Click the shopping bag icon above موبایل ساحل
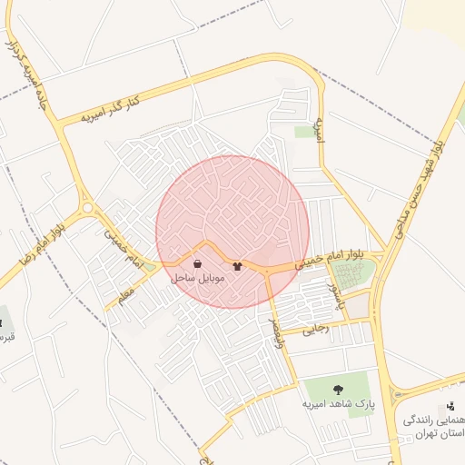(197, 264)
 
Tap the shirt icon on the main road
(238, 266)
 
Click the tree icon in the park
(338, 390)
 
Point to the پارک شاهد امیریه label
(337, 403)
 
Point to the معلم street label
(125, 294)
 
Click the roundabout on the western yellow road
(87, 208)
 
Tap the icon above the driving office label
(450, 406)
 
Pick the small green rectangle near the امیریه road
(303, 133)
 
